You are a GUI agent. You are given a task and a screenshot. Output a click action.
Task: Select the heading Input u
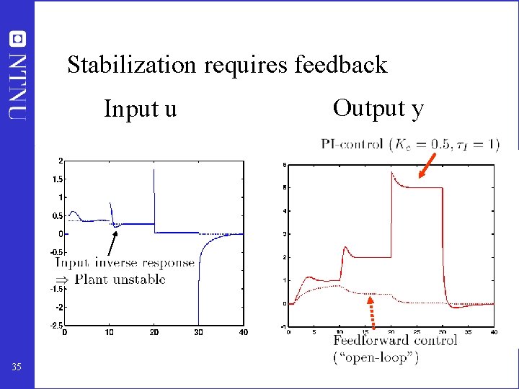[x=140, y=109]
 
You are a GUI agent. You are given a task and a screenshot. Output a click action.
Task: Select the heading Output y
[x=378, y=108]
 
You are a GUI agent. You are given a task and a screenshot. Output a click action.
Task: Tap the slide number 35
[x=17, y=368]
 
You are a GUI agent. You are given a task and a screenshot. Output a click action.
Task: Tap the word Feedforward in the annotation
[x=366, y=340]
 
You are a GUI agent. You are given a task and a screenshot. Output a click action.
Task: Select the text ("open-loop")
[x=376, y=357]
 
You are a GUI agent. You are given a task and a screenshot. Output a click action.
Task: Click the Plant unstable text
[x=120, y=280]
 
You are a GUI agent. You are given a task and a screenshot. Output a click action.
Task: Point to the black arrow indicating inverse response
[x=110, y=242]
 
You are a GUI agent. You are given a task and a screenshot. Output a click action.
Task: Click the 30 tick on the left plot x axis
[x=199, y=333]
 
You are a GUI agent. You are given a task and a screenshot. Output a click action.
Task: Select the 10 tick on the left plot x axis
[x=109, y=333]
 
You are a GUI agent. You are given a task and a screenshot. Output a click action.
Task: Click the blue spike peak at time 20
[x=154, y=170]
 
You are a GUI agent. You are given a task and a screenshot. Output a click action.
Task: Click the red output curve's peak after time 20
[x=392, y=172]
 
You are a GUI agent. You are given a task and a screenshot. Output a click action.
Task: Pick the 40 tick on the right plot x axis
[x=494, y=332]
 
